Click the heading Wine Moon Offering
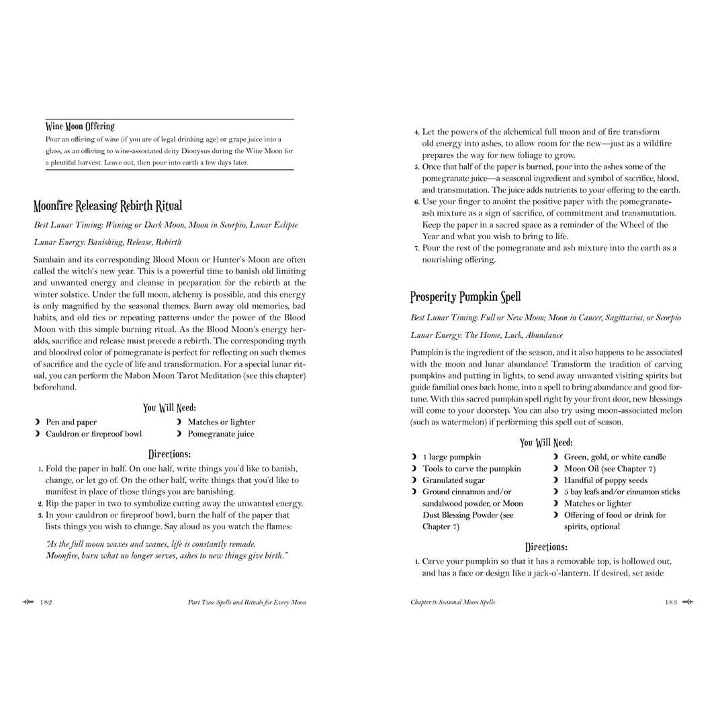pos(80,126)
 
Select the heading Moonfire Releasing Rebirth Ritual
pos(107,206)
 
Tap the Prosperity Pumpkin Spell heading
pos(465,297)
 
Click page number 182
pos(46,602)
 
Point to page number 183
pos(671,602)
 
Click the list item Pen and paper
pos(71,422)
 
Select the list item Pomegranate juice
pos(220,434)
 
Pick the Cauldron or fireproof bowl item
pos(93,434)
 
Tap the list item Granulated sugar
pos(453,480)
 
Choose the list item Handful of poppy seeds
pos(605,480)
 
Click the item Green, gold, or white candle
pos(615,457)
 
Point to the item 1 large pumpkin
pos(451,457)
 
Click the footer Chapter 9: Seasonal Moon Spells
pos(453,602)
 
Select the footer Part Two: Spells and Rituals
pos(247,602)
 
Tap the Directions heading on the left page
pos(169,454)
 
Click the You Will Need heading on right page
pos(546,443)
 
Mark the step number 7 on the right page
pos(416,249)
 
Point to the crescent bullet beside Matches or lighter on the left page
pos(179,422)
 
